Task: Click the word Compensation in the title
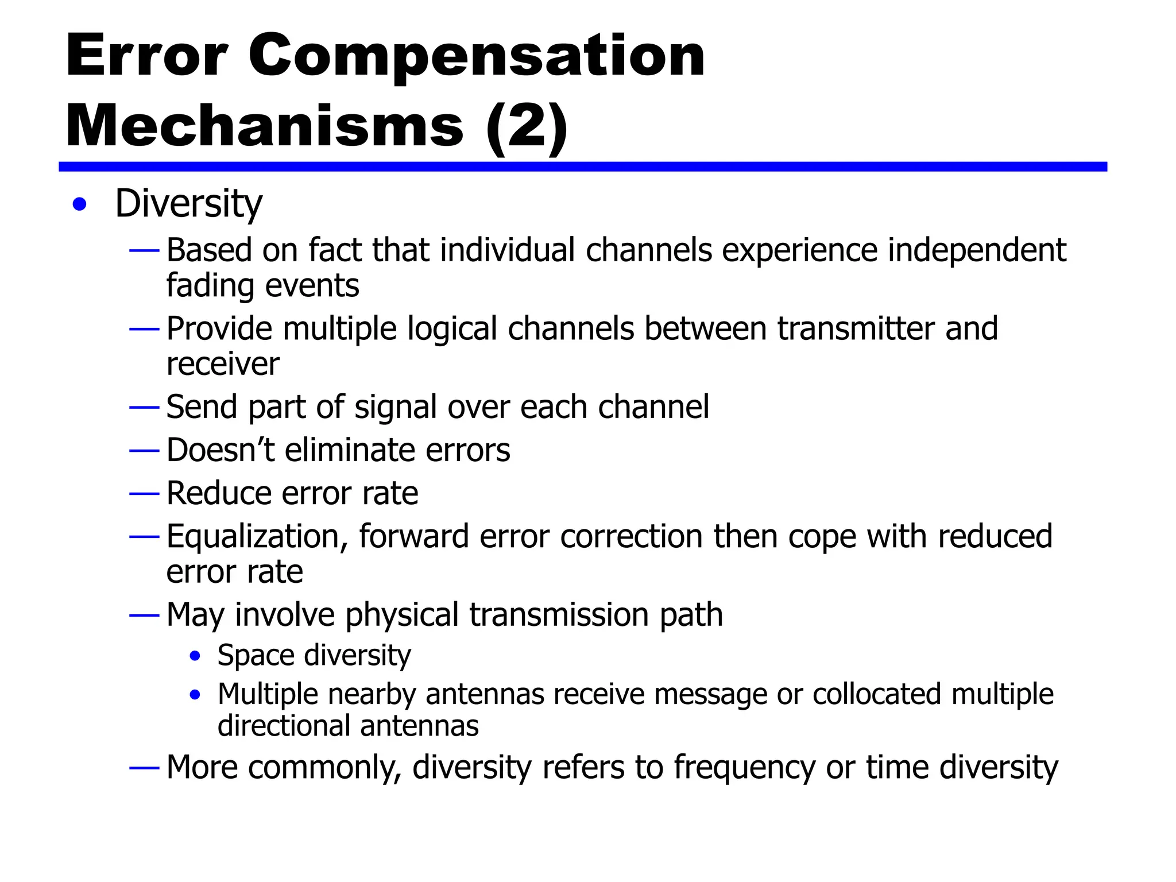tap(476, 56)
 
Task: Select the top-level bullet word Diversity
tap(188, 204)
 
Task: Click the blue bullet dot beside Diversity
tap(80, 204)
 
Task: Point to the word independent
tap(977, 251)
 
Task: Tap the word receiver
tap(223, 364)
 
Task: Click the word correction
tap(631, 537)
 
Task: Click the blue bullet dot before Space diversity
tap(195, 656)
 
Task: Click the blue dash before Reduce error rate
tap(144, 494)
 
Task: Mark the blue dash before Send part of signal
tap(144, 408)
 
